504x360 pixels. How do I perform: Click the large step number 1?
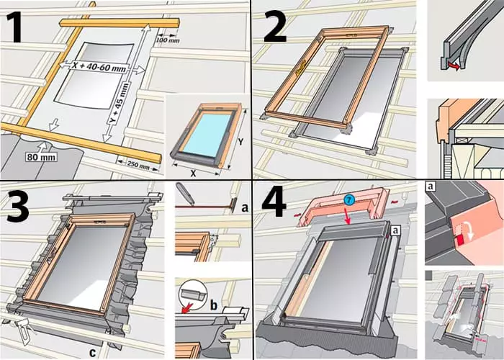(x=14, y=28)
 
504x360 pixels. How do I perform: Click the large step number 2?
(x=275, y=28)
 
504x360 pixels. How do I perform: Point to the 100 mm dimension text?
(x=168, y=40)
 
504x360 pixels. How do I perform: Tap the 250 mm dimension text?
(x=138, y=165)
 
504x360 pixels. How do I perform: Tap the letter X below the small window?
(x=193, y=174)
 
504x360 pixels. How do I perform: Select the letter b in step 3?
(x=214, y=305)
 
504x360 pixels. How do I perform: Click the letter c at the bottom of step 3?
(x=93, y=353)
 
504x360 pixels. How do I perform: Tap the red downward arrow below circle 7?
(x=348, y=216)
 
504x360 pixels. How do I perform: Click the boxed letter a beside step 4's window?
(x=396, y=230)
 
